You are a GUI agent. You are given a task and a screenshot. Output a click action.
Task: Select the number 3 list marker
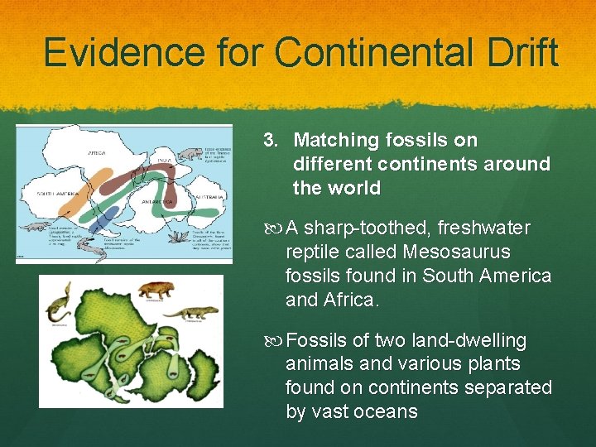(x=270, y=141)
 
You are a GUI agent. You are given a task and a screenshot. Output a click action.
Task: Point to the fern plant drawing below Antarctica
(x=179, y=238)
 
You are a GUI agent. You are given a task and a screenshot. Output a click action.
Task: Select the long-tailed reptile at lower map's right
(x=192, y=313)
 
